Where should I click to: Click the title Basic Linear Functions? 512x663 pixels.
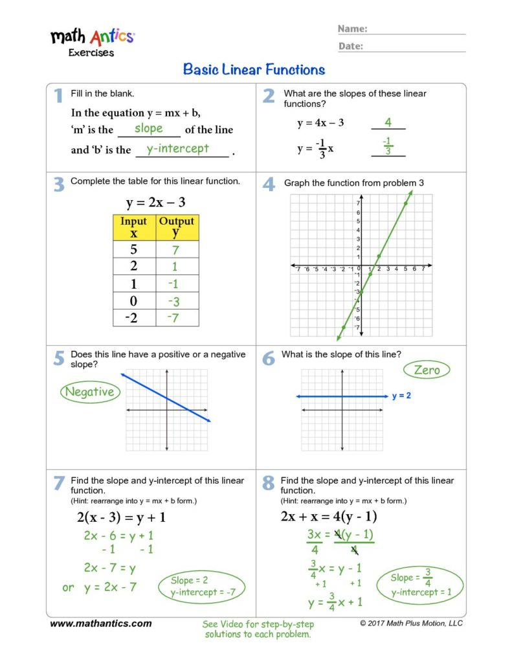[254, 69]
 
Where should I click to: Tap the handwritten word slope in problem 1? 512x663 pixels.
[149, 128]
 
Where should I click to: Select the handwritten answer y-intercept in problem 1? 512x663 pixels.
[177, 148]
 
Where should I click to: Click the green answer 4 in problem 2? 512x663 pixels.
[388, 122]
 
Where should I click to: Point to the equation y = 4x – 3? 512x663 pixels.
[320, 123]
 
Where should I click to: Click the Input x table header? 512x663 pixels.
[134, 227]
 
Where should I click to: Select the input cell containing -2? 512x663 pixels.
[134, 317]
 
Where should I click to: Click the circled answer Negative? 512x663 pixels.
[89, 392]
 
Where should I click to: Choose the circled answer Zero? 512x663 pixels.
[427, 370]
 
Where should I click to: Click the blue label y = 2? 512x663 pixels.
[401, 396]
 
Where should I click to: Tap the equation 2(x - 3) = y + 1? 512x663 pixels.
[121, 517]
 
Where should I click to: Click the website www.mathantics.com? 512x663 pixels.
[101, 624]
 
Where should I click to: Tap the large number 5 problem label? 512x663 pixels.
[59, 358]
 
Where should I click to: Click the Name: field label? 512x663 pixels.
[353, 29]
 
